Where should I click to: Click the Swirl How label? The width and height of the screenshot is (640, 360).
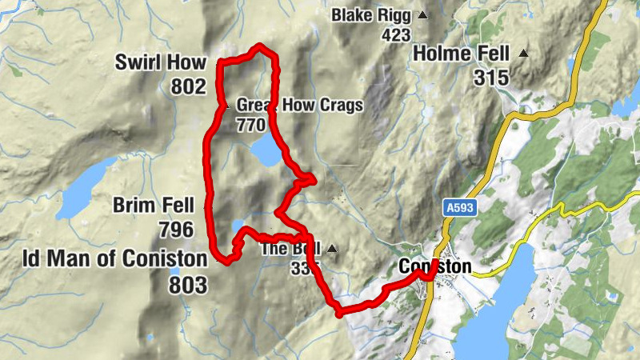pos(160,62)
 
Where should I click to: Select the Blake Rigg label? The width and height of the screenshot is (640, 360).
pos(371,15)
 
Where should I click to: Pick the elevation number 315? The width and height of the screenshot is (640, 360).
pos(490,78)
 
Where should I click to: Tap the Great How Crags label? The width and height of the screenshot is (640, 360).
pos(300,105)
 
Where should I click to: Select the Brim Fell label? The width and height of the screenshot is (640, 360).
pos(153,206)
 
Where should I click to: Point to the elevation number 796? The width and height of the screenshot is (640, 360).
pos(176,230)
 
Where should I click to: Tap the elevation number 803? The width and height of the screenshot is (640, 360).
pos(188,284)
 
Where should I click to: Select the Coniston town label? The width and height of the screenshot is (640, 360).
pos(434,266)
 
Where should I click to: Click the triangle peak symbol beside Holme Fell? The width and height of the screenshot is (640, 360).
pos(523,54)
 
